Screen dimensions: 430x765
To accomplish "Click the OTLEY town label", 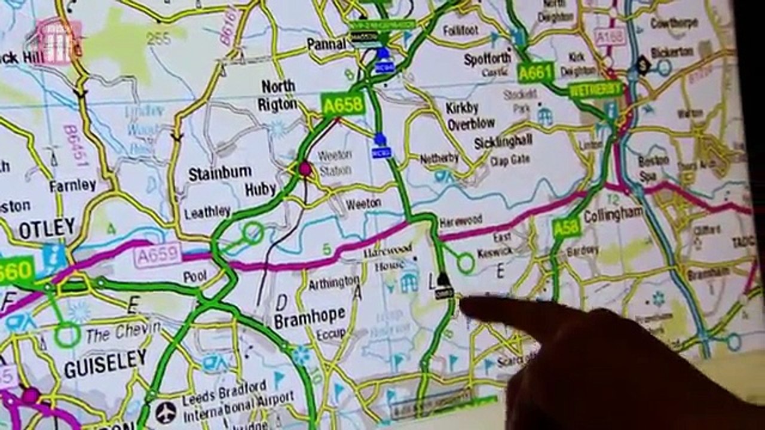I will pyautogui.click(x=47, y=229).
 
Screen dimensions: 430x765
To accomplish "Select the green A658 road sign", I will pyautogui.click(x=342, y=105).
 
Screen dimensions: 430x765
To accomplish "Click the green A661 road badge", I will pyautogui.click(x=535, y=73).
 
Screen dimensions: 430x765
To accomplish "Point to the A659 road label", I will pyautogui.click(x=157, y=256).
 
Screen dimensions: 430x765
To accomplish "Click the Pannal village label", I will pyautogui.click(x=326, y=44).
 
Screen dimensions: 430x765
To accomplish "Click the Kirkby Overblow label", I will pyautogui.click(x=470, y=116).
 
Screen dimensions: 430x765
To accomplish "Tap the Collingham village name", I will pyautogui.click(x=613, y=214).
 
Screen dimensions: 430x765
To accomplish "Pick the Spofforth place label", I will pyautogui.click(x=488, y=59).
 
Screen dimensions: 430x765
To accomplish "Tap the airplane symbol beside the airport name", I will pyautogui.click(x=166, y=412).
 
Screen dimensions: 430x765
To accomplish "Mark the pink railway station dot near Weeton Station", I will pyautogui.click(x=305, y=169).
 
